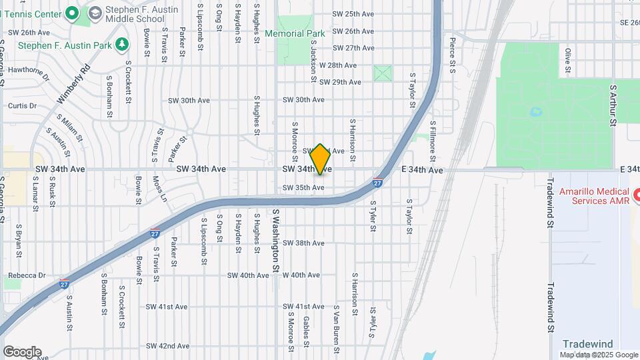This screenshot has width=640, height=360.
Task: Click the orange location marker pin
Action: (x=321, y=159)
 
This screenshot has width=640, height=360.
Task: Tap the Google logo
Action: (x=22, y=352)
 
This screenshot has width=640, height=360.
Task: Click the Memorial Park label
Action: (x=295, y=33)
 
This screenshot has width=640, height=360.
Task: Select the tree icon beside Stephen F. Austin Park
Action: (x=121, y=45)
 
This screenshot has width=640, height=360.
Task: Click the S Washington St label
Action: (x=275, y=240)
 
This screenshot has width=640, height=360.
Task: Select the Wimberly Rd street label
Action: (x=73, y=84)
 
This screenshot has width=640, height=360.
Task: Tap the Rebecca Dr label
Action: (x=27, y=275)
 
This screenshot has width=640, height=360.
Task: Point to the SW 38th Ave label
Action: (x=303, y=243)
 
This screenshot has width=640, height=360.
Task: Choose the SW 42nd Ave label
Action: (x=168, y=346)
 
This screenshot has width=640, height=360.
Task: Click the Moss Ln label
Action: (x=160, y=189)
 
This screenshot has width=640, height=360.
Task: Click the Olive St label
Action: (x=568, y=60)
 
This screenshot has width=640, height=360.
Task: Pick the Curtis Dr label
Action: (x=22, y=106)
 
